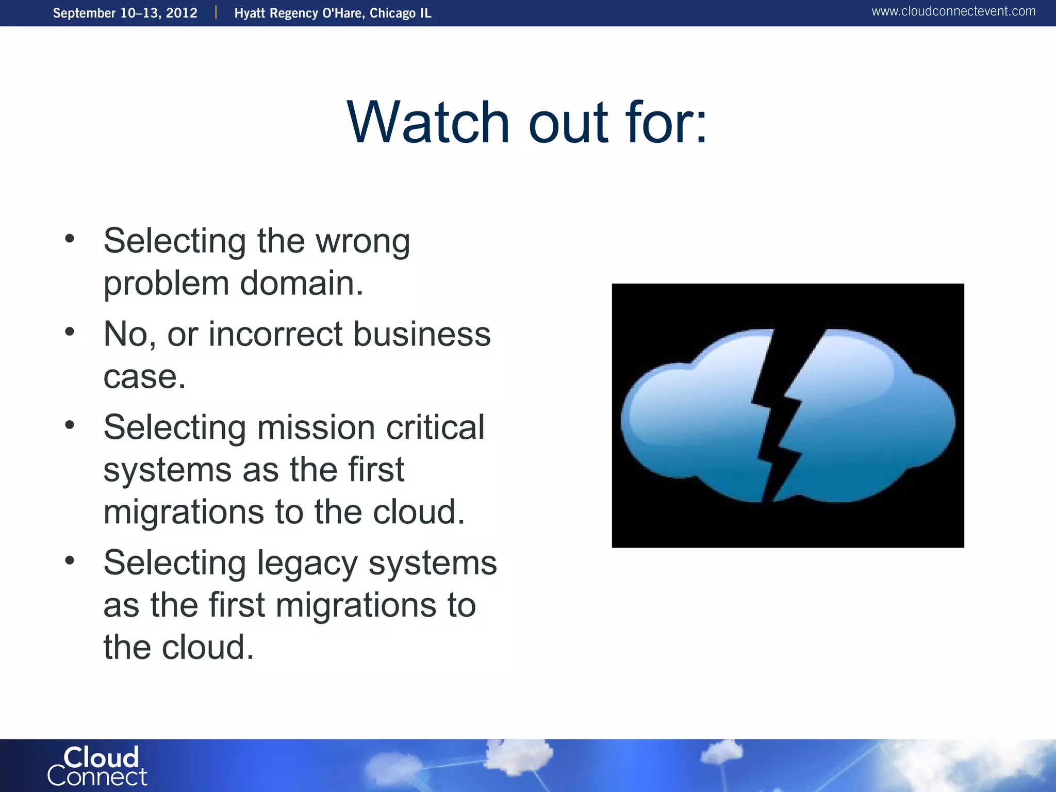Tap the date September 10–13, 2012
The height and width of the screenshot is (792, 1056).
pyautogui.click(x=125, y=13)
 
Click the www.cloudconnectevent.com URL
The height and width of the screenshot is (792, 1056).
pyautogui.click(x=953, y=11)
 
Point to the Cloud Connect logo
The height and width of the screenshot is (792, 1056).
pyautogui.click(x=97, y=766)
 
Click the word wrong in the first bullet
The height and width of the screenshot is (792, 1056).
pyautogui.click(x=362, y=241)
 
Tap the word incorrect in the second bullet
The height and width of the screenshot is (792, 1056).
pyautogui.click(x=275, y=334)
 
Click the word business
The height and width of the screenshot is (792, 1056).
pyautogui.click(x=422, y=334)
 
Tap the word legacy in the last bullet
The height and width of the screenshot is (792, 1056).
pyautogui.click(x=307, y=563)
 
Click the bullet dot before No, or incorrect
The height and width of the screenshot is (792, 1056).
pyautogui.click(x=70, y=332)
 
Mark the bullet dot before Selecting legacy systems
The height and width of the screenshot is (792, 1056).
pyautogui.click(x=70, y=560)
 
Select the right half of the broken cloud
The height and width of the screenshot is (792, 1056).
pyautogui.click(x=871, y=418)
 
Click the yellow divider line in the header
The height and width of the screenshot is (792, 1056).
pyautogui.click(x=216, y=12)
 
